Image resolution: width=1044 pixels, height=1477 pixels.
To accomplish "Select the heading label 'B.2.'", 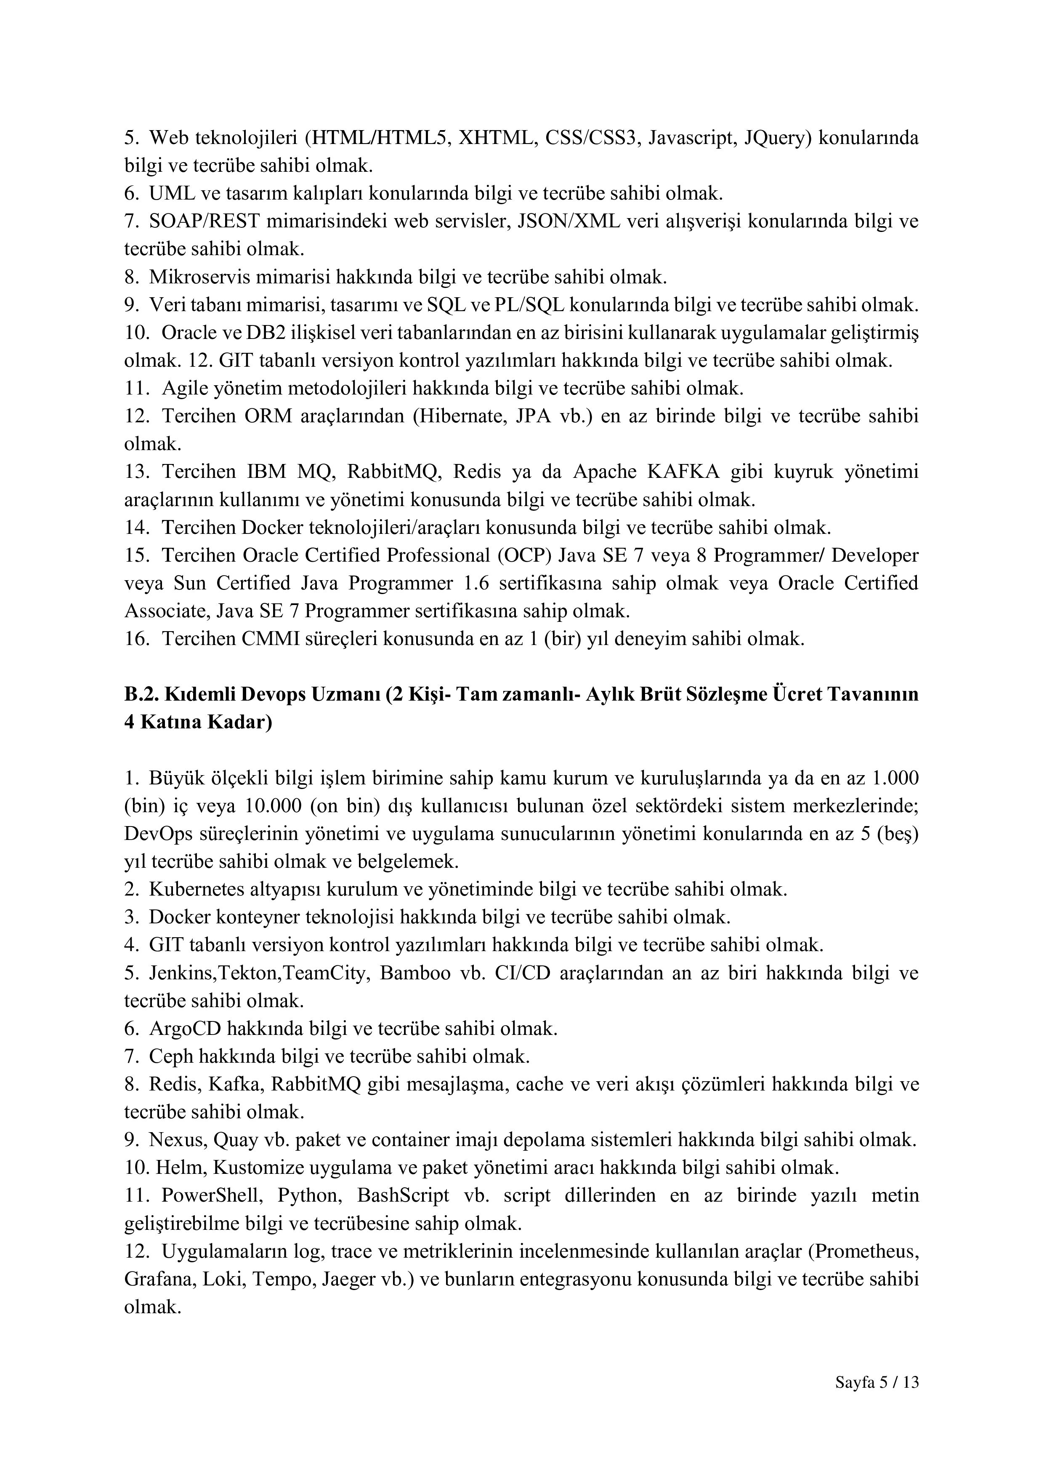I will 141,694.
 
